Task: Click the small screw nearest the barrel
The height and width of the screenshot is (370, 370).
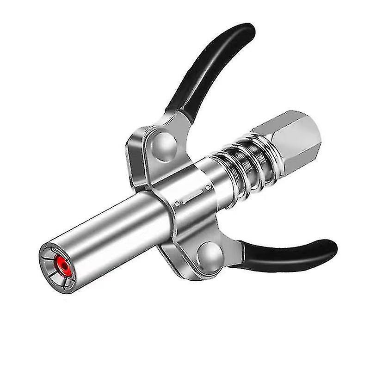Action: point(177,203)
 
